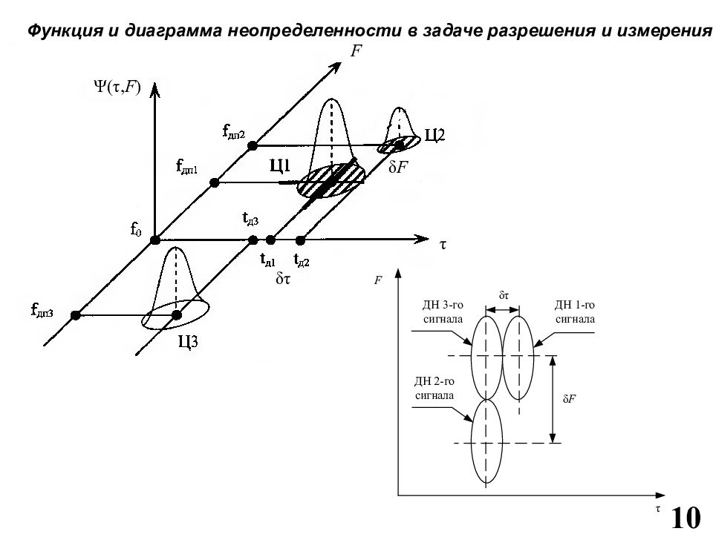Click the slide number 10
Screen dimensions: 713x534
coord(686,518)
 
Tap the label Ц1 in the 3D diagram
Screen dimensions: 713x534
coord(280,166)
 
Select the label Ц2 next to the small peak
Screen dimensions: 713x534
coord(434,135)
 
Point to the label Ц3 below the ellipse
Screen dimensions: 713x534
coord(187,341)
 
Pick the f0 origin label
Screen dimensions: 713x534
coord(136,229)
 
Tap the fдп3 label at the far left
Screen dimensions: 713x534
coord(42,311)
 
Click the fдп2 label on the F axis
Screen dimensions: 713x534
coord(234,132)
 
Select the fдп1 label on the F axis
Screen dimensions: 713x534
coord(186,167)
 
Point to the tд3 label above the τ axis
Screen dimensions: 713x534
coord(250,218)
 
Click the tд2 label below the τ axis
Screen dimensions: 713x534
coord(302,260)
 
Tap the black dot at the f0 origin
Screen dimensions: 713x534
coord(155,240)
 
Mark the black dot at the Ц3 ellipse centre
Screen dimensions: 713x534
coord(177,314)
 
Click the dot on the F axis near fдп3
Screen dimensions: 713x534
coord(76,315)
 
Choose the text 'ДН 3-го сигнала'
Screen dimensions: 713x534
coord(443,312)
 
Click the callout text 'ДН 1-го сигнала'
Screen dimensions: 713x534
coord(575,312)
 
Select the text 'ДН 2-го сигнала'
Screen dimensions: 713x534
coord(434,388)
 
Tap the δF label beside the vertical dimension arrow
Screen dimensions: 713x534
coord(570,399)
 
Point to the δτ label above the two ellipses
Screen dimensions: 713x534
coord(504,296)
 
